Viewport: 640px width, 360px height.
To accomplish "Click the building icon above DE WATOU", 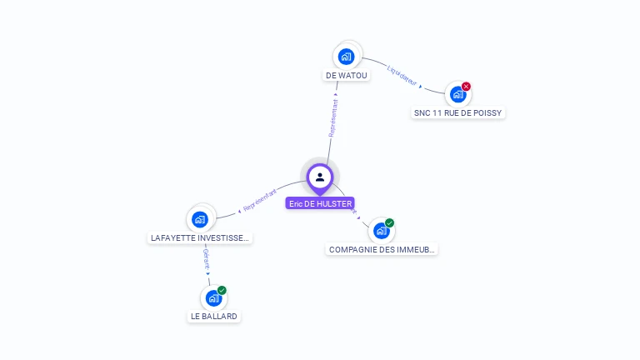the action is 347,57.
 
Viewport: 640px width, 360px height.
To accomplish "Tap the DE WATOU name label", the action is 347,76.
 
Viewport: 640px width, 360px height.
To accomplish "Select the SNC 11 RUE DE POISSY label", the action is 459,112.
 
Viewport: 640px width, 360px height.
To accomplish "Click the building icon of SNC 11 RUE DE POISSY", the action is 457,94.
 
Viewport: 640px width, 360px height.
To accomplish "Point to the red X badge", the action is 467,86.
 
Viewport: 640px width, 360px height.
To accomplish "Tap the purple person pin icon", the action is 320,177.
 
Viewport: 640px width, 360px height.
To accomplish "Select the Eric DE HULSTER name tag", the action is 320,203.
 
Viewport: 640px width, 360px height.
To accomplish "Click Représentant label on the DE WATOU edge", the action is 334,118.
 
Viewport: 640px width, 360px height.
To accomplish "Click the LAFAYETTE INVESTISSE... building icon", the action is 200,219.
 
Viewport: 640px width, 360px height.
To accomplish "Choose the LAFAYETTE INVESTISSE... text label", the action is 200,237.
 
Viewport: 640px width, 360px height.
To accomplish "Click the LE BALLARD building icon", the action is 213,297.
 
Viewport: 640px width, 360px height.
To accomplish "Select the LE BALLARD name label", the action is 214,317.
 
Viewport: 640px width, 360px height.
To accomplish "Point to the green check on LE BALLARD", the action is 222,290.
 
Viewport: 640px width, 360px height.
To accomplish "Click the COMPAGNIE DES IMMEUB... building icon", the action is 381,231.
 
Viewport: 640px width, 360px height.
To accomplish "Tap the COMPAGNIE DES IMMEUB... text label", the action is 382,249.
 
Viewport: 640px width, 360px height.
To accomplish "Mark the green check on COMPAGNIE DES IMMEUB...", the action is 390,223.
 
